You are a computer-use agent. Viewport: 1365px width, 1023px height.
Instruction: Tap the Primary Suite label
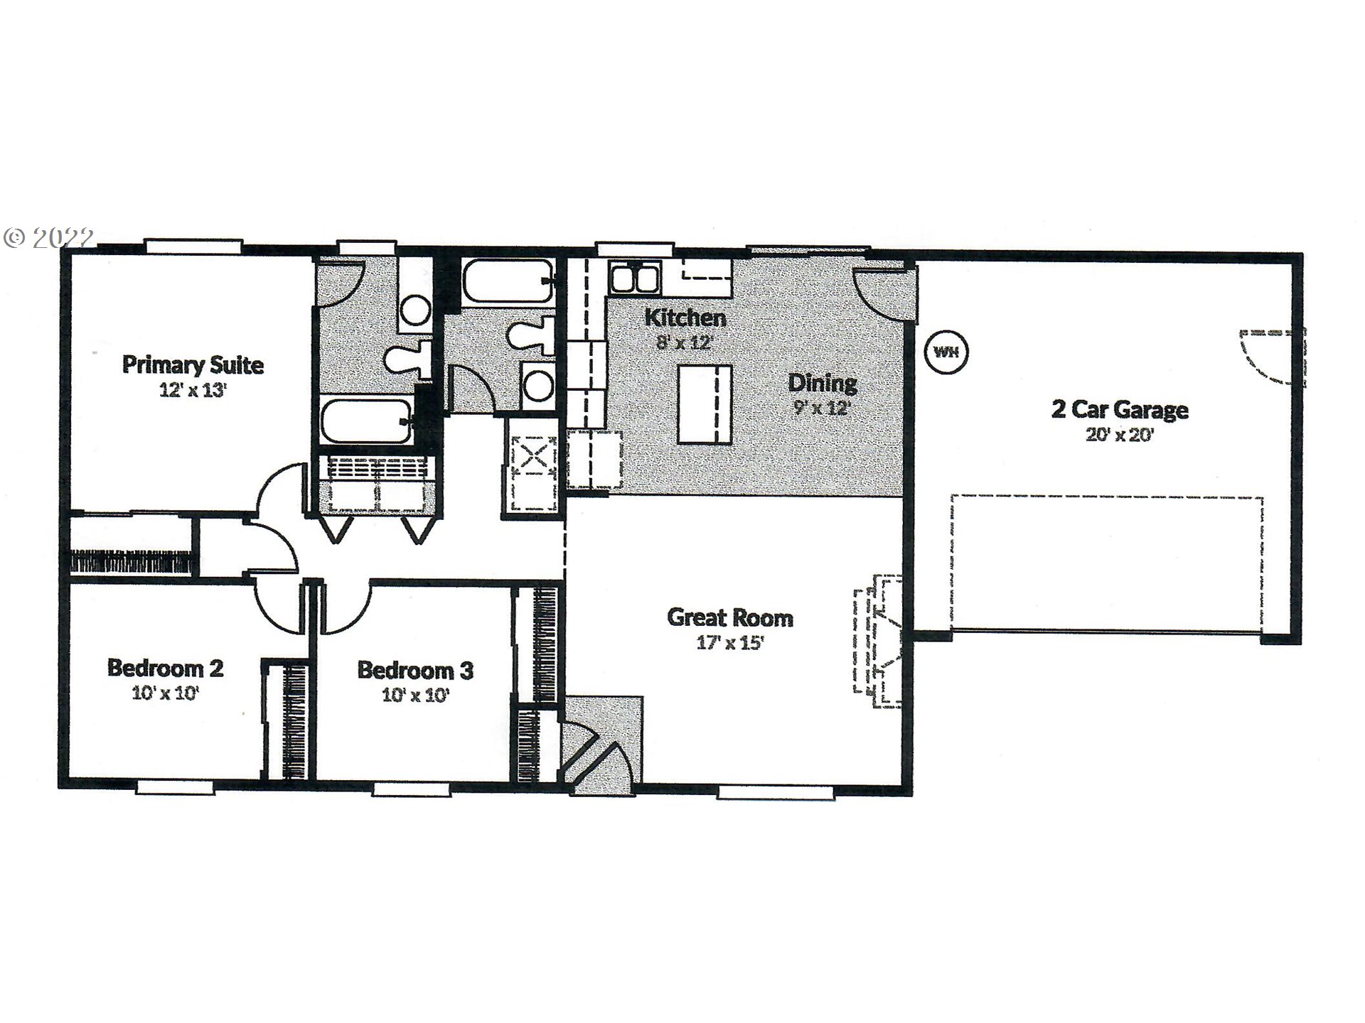(x=193, y=365)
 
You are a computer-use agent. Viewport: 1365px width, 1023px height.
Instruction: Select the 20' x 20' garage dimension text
(x=1119, y=435)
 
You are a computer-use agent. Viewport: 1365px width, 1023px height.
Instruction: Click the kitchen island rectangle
(x=704, y=404)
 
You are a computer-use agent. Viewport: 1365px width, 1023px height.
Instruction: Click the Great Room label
(x=730, y=617)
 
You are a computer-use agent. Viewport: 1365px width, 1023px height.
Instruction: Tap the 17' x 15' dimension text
(x=730, y=644)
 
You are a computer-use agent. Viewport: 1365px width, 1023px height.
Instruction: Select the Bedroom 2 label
(x=165, y=668)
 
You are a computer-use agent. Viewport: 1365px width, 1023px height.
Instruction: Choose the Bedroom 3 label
(x=415, y=670)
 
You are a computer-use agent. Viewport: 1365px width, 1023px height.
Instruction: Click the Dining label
(x=823, y=383)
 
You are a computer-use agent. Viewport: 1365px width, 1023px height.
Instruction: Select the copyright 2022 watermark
(x=48, y=237)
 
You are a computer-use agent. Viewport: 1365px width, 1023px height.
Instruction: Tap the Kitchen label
(x=685, y=318)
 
